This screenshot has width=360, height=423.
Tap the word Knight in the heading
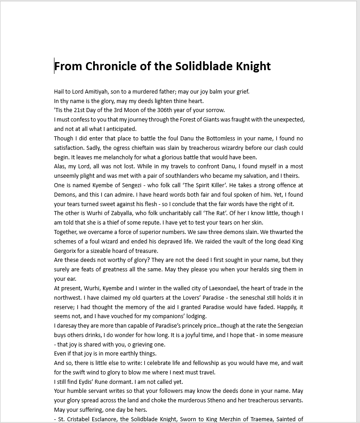[x=253, y=66]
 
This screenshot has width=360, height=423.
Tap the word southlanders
[x=205, y=176]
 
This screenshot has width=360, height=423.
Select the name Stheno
[x=230, y=400]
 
